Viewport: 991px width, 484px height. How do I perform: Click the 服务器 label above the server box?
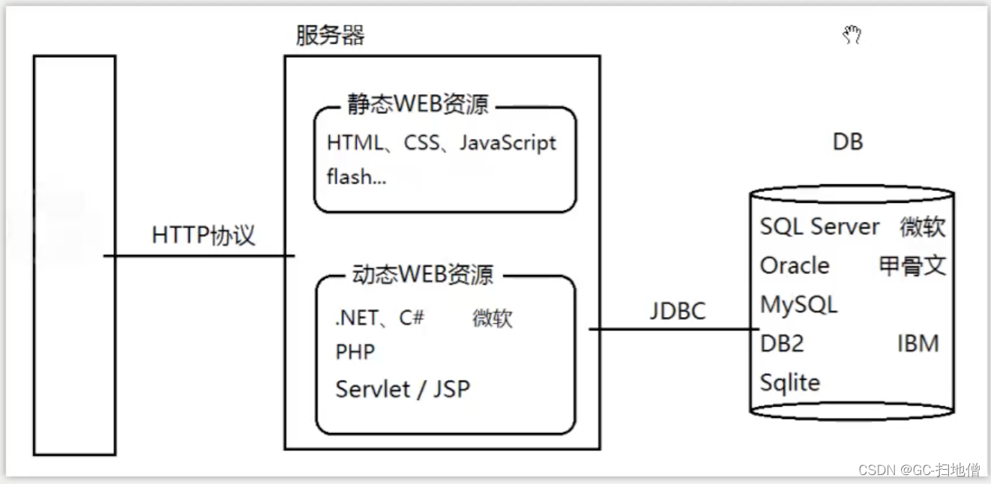coord(330,35)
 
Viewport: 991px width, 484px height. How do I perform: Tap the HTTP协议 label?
coord(203,235)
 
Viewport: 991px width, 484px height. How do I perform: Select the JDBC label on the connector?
coord(678,310)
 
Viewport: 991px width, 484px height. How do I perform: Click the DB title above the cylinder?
coord(848,142)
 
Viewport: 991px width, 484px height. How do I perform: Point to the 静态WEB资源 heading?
coord(418,104)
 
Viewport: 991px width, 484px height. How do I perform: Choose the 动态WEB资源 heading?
coord(423,274)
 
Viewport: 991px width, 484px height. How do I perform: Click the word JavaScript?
coord(507,143)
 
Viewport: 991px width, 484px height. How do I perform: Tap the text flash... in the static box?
coord(356,177)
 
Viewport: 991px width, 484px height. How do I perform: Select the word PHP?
coord(355,351)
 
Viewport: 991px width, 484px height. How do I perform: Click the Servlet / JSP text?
coord(403,389)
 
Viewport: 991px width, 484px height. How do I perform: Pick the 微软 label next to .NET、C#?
coord(493,318)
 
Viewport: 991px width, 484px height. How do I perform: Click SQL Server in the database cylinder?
coord(819,226)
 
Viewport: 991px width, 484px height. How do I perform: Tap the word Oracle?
coord(795,265)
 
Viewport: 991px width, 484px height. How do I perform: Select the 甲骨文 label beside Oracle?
coord(912,265)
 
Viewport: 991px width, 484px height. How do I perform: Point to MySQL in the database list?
coord(798,304)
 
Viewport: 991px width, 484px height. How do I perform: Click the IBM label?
coord(918,343)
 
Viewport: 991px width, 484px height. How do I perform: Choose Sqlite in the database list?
coord(790,382)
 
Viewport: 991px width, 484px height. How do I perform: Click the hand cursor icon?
coord(852,34)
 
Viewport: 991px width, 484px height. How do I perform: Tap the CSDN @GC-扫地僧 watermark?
coord(919,470)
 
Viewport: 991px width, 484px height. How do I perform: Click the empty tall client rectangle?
coord(74,255)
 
